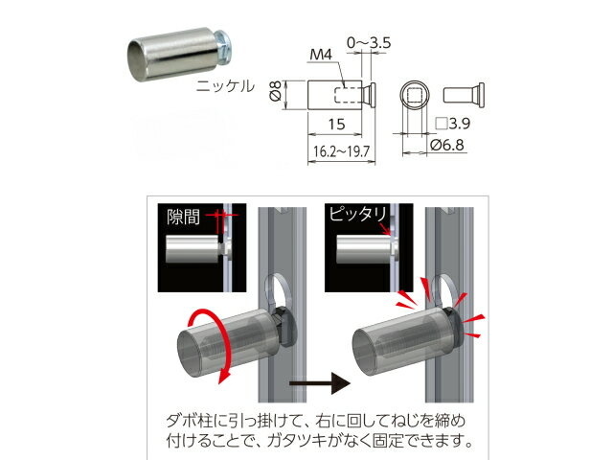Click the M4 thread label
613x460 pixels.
pos(321,55)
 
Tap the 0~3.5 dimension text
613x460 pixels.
pos(369,42)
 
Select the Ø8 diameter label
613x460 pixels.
pos(276,91)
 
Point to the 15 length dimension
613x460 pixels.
pos(336,124)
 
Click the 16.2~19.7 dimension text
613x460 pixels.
pos(341,151)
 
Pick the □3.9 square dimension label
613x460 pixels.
pos(453,124)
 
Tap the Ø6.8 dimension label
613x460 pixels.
pos(447,145)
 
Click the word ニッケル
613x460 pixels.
pos(225,85)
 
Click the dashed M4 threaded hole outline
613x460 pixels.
pos(348,94)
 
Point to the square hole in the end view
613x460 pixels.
pos(415,95)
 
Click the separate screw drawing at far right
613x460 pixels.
pos(464,95)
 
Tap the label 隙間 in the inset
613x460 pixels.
pos(183,218)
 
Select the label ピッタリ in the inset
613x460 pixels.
pos(357,214)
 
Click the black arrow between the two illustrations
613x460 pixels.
pos(320,383)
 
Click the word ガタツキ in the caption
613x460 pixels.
pos(297,441)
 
